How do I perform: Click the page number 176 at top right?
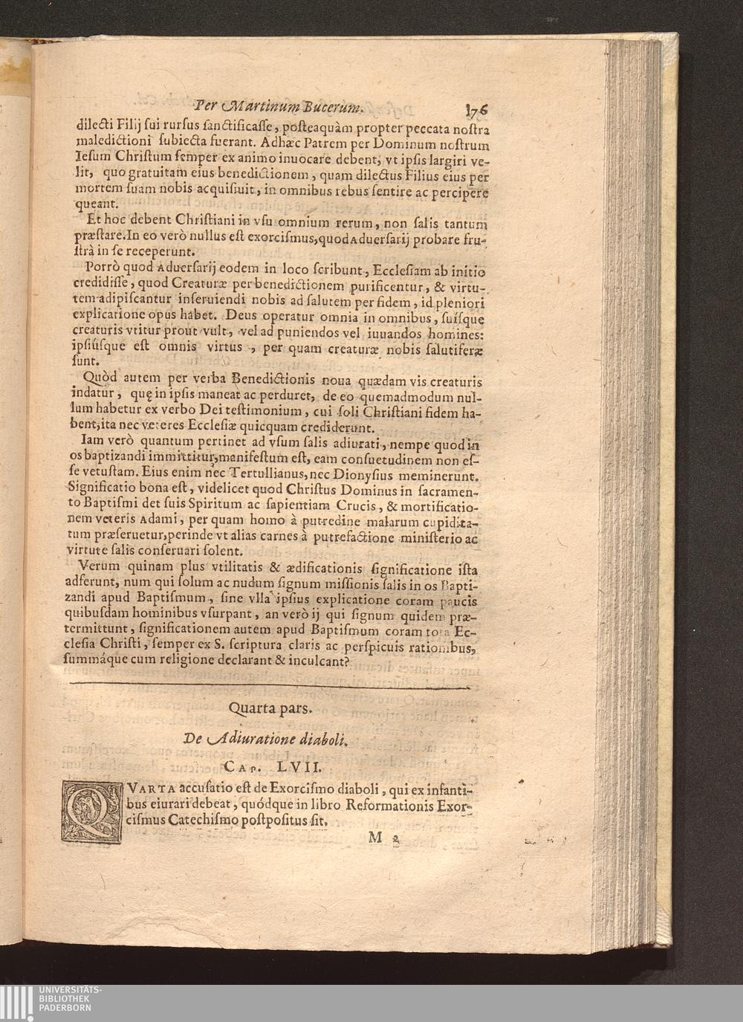point(476,109)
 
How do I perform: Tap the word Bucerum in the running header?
point(332,106)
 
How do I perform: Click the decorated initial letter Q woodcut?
point(92,812)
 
